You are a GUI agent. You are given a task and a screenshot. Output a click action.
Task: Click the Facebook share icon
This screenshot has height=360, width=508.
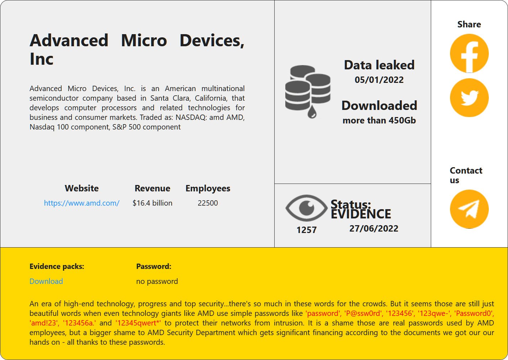click(469, 53)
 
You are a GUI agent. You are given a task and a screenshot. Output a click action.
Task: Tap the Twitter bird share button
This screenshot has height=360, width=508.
click(469, 97)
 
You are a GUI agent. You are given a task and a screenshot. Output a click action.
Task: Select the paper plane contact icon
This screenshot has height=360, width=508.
click(469, 209)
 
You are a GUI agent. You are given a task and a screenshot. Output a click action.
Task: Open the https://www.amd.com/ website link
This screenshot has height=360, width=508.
click(81, 203)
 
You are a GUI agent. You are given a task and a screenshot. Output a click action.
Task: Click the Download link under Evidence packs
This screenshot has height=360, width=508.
click(46, 281)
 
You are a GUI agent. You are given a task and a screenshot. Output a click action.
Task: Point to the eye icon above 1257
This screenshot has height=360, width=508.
click(306, 208)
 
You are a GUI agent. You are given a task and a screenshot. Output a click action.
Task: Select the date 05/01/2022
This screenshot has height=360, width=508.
click(379, 80)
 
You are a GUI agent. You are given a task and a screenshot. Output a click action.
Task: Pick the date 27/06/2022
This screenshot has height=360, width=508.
click(374, 229)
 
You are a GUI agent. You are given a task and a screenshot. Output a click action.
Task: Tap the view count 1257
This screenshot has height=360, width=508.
click(306, 230)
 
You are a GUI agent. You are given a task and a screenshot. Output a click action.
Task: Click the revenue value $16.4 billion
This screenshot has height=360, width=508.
click(152, 203)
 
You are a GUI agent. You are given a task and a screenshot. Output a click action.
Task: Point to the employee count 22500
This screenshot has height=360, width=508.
click(208, 203)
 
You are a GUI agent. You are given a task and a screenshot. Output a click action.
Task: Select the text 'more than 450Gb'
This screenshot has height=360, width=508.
click(379, 121)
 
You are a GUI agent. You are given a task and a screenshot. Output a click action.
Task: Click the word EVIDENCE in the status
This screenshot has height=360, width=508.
click(361, 214)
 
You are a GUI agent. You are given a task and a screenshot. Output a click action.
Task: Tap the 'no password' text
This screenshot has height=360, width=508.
click(157, 281)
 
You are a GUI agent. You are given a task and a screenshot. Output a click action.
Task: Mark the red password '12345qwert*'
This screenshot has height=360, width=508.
click(138, 323)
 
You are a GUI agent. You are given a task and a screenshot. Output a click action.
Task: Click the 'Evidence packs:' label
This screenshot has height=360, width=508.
click(57, 266)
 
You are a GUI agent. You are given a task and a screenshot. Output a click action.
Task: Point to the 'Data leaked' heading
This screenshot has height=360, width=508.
click(379, 65)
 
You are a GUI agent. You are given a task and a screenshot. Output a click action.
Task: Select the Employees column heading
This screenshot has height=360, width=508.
click(208, 189)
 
